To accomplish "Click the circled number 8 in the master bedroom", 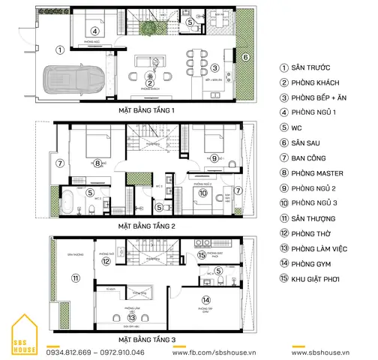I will [x=97, y=163].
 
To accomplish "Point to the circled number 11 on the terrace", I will [x=74, y=278].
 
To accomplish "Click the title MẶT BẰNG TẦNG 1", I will [x=146, y=109].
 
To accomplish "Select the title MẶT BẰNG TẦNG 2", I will [x=146, y=225].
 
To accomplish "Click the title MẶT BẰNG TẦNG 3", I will [x=146, y=339].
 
